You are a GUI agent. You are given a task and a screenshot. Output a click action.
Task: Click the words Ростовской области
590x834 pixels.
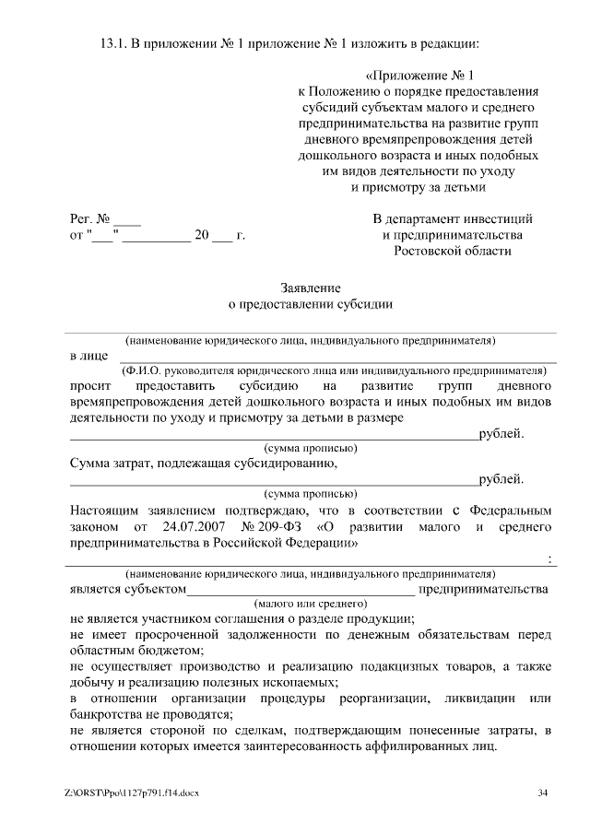452,251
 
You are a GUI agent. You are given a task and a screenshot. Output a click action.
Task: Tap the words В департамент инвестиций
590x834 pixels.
453,219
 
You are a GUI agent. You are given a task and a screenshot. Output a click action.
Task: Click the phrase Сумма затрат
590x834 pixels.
110,463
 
